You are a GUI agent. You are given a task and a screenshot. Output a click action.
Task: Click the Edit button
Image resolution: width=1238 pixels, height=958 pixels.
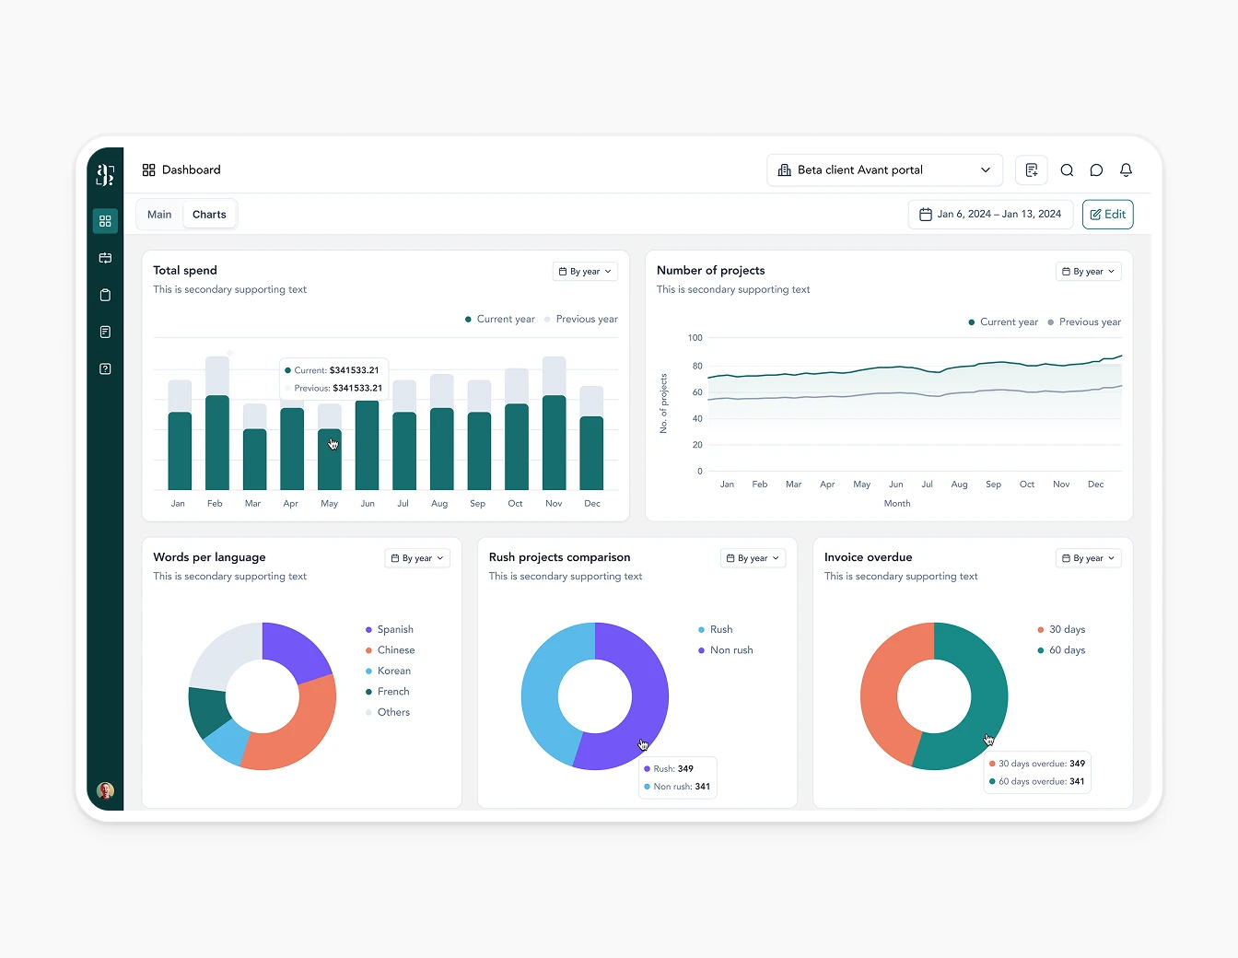(1107, 215)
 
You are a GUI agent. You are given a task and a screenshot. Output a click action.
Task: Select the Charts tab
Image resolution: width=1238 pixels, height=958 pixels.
(209, 215)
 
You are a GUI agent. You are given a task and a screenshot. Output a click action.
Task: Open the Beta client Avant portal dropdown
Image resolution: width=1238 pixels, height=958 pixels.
(884, 170)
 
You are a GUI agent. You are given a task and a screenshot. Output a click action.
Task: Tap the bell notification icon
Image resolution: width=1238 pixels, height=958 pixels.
(1126, 170)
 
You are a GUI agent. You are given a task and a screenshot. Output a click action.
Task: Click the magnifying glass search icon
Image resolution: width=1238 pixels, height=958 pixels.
(1067, 170)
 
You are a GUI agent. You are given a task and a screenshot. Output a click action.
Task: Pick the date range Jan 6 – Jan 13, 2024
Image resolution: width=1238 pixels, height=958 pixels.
(990, 215)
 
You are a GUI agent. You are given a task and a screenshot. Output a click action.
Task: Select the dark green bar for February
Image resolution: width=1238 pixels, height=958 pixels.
(217, 442)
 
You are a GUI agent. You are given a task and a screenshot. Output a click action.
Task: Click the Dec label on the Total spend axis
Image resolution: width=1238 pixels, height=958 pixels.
(592, 504)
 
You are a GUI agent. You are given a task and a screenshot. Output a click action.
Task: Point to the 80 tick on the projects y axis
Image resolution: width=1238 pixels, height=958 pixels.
(697, 366)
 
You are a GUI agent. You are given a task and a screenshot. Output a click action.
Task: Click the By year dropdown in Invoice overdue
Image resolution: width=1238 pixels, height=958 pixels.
(1088, 558)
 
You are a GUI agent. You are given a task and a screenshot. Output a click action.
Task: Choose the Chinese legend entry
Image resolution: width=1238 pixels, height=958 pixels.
(395, 650)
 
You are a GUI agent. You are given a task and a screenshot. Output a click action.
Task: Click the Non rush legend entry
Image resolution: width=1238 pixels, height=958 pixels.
(730, 650)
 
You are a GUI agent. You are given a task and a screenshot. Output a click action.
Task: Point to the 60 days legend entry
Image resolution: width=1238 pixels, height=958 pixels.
(1066, 650)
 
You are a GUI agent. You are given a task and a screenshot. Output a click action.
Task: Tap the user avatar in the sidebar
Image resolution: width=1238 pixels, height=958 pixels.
(105, 790)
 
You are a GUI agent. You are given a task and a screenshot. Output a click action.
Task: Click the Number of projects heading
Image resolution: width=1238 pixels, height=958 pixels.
(710, 271)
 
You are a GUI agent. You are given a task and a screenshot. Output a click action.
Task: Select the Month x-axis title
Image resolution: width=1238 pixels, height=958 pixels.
(896, 504)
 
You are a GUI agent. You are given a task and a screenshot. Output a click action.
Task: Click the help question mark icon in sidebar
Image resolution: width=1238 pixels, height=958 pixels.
(105, 369)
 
